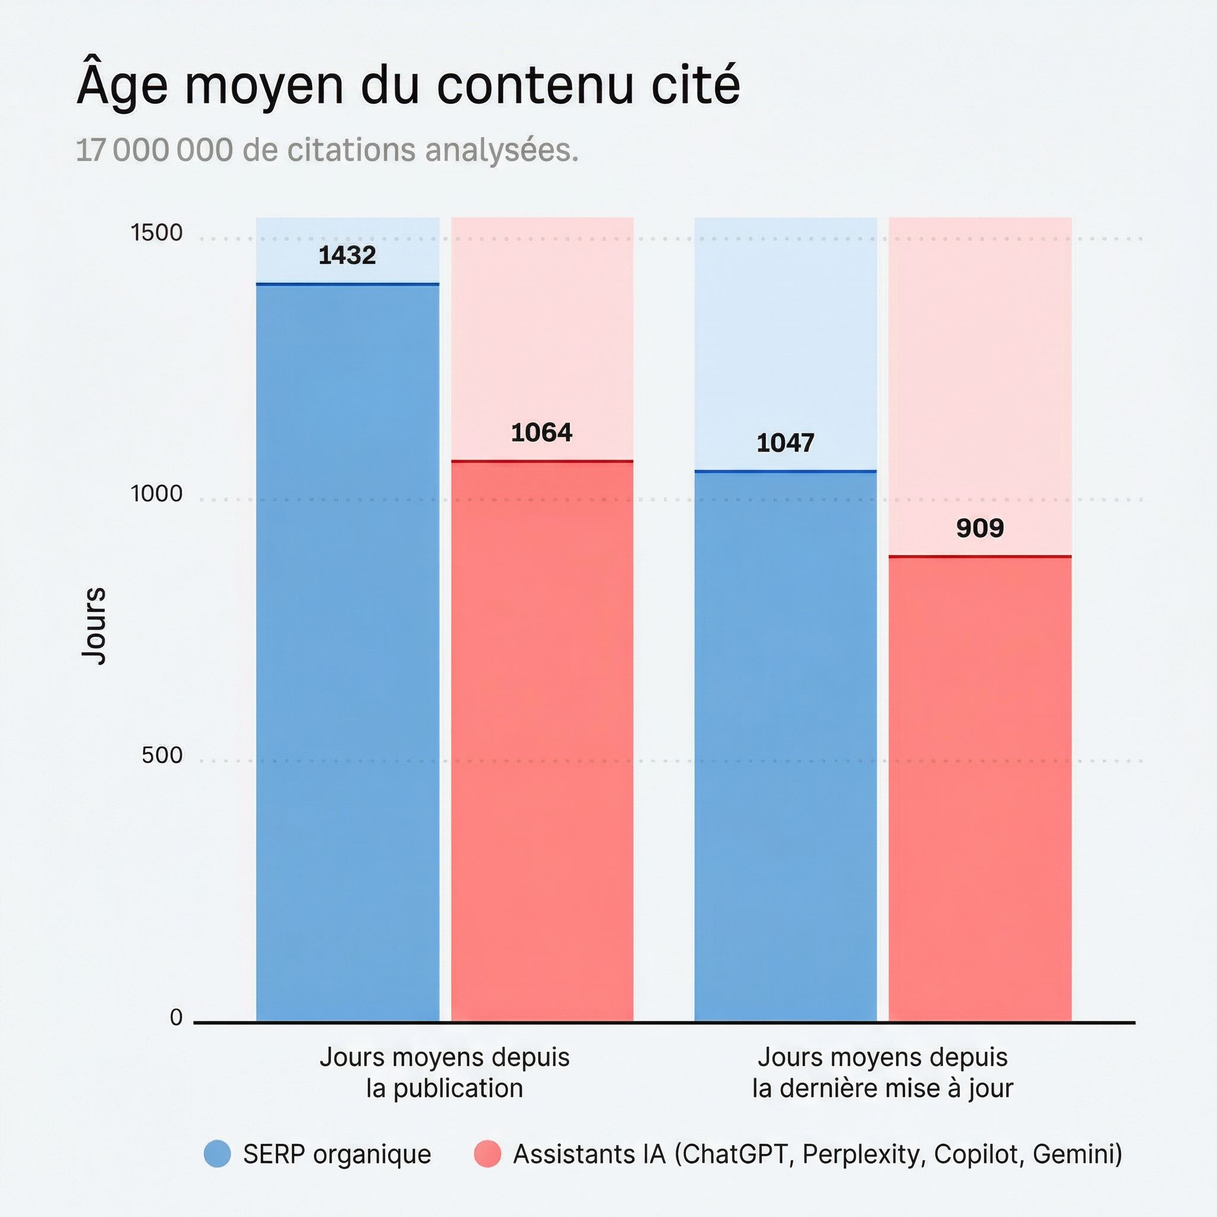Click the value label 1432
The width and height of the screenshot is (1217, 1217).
[x=347, y=255]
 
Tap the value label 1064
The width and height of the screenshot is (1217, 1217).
[x=542, y=433]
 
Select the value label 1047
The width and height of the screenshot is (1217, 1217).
[x=785, y=443]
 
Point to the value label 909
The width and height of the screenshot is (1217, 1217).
[x=979, y=528]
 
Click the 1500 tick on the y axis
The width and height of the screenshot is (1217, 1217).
[x=156, y=233]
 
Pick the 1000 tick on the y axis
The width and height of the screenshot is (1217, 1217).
[x=156, y=494]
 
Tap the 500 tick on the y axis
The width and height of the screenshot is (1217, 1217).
[x=162, y=755]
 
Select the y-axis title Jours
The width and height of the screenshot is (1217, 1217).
[x=94, y=626]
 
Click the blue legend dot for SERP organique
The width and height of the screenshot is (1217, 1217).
[x=217, y=1154]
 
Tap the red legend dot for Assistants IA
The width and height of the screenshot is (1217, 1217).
[x=487, y=1154]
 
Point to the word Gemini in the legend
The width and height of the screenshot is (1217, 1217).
[x=1077, y=1155]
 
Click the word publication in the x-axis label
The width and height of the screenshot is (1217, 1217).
[x=458, y=1089]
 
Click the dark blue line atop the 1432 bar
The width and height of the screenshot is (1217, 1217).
[x=347, y=285]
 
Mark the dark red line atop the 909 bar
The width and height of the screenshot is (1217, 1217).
[x=979, y=557]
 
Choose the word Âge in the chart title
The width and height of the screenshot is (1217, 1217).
[x=122, y=85]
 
